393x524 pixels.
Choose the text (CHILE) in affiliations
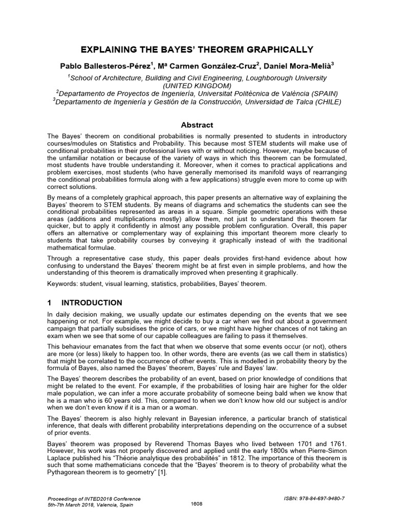pos(324,101)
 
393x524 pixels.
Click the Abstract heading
pos(197,125)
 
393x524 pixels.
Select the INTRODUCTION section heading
pos(92,303)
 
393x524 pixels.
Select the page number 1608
pos(196,504)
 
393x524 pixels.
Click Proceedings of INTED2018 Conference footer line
pos(94,498)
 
